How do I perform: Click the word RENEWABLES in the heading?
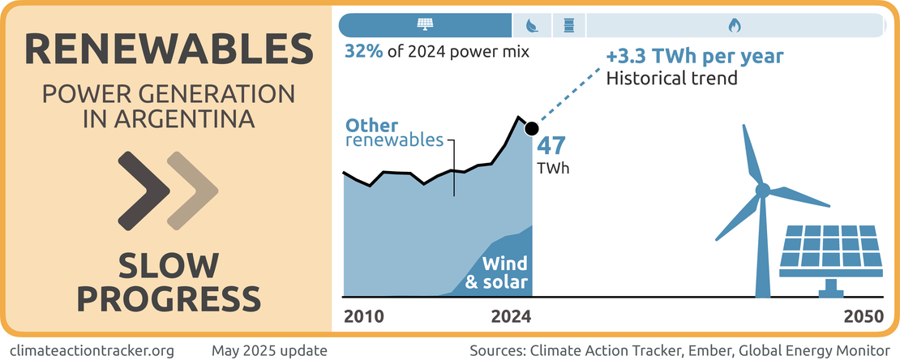pyautogui.click(x=169, y=50)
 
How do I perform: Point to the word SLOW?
pyautogui.click(x=169, y=265)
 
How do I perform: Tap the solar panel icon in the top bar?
pyautogui.click(x=425, y=25)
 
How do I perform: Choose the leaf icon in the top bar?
pyautogui.click(x=532, y=25)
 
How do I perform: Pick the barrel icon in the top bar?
pyautogui.click(x=568, y=25)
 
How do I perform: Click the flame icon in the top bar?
pyautogui.click(x=734, y=25)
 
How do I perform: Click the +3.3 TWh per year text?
pyautogui.click(x=695, y=58)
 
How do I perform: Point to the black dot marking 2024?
pyautogui.click(x=532, y=128)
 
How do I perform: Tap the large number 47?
pyautogui.click(x=551, y=148)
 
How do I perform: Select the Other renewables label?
pyautogui.click(x=394, y=133)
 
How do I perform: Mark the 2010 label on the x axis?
pyautogui.click(x=364, y=317)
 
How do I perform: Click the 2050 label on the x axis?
pyautogui.click(x=863, y=317)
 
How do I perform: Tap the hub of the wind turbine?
pyautogui.click(x=762, y=190)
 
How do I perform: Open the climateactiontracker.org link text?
pyautogui.click(x=93, y=350)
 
